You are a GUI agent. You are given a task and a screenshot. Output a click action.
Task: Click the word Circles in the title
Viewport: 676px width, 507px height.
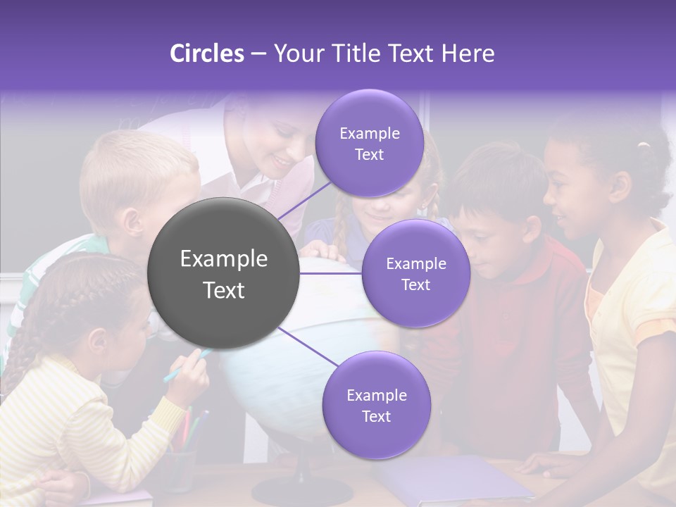point(206,54)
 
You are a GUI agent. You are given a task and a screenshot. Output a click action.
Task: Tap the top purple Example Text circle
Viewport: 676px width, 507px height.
point(369,144)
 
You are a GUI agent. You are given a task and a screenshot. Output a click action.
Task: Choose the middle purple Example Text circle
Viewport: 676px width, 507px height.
point(415,274)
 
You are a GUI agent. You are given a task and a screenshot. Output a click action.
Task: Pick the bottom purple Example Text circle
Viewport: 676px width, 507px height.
point(376,406)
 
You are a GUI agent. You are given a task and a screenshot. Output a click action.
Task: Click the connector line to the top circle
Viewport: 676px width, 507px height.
point(304,200)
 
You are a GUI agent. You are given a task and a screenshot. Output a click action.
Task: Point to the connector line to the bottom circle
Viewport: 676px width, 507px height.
point(307,346)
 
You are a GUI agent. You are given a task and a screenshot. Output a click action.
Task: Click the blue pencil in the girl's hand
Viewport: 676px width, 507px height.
point(184,365)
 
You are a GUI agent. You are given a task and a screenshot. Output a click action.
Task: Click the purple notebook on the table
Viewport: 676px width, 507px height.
point(451,479)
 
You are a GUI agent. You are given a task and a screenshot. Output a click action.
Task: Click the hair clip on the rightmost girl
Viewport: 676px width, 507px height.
point(642,146)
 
